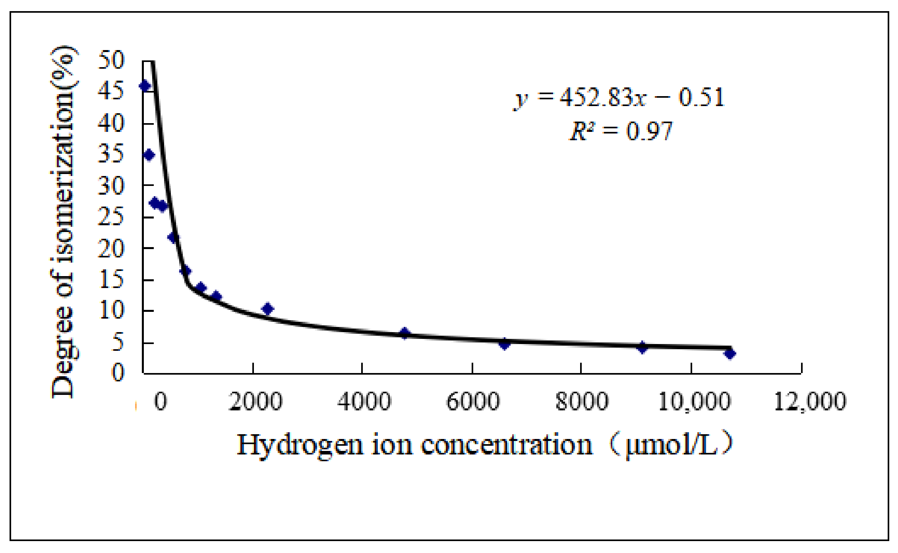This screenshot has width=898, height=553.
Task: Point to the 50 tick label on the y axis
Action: click(111, 60)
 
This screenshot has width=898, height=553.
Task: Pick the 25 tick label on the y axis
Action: click(111, 217)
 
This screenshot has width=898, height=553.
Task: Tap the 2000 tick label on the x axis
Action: click(255, 402)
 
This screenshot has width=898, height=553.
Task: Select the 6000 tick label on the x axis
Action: click(473, 402)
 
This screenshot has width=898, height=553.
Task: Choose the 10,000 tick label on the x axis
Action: click(694, 402)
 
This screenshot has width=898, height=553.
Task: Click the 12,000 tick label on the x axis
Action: click(810, 402)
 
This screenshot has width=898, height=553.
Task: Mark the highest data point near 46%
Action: click(145, 86)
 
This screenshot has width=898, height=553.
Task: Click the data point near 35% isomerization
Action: click(149, 155)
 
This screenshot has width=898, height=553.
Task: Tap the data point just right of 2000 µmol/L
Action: click(267, 309)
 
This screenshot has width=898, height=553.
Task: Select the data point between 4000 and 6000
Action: click(405, 333)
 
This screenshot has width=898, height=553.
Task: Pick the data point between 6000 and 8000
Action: click(505, 344)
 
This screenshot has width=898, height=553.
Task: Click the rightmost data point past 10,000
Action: click(730, 353)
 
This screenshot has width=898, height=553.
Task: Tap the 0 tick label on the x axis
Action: click(161, 402)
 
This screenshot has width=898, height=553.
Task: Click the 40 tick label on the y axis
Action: click(111, 123)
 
